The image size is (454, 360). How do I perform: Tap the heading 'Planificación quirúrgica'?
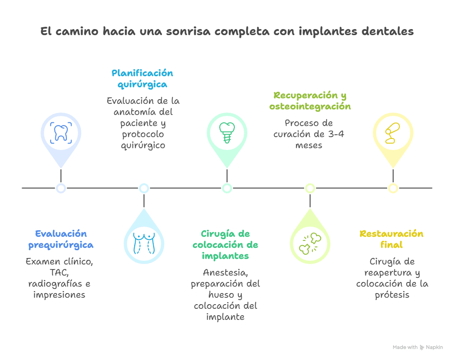[x=142, y=79]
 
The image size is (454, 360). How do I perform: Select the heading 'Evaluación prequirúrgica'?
[x=61, y=239]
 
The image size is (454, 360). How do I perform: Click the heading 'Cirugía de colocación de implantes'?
[x=225, y=245]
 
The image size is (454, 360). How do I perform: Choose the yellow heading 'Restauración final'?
[x=391, y=239]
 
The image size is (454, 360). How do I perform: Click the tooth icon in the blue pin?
[x=60, y=132]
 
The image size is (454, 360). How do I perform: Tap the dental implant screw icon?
[x=227, y=133]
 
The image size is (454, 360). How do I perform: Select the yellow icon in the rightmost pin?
[x=393, y=133]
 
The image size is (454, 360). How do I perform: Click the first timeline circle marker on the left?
[x=61, y=188]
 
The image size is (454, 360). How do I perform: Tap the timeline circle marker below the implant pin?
[x=227, y=188]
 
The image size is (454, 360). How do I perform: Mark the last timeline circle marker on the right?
[x=393, y=188]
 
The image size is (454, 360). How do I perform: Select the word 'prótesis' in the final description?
[x=392, y=294]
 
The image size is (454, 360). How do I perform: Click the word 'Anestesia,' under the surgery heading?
[x=225, y=272]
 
